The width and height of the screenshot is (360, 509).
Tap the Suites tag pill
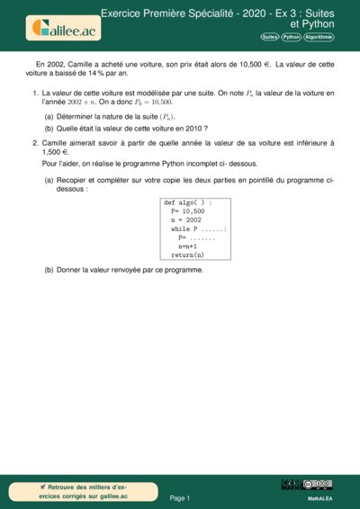click(269, 37)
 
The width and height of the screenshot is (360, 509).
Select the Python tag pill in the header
click(291, 37)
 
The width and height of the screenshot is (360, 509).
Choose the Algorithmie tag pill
click(319, 37)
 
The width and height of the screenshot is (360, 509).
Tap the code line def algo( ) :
click(188, 203)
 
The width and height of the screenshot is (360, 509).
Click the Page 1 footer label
click(180, 497)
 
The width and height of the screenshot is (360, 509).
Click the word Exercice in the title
click(125, 14)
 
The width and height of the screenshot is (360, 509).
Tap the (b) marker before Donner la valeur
click(49, 270)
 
